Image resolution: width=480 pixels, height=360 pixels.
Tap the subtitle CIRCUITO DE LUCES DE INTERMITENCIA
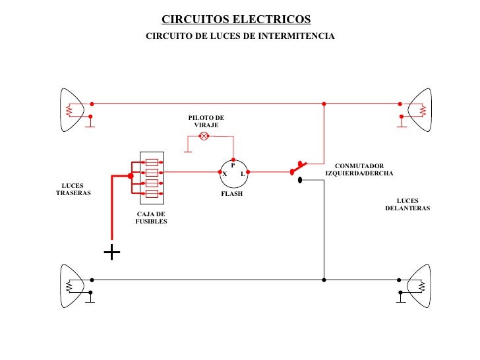click(240, 36)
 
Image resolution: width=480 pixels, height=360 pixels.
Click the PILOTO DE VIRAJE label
click(206, 121)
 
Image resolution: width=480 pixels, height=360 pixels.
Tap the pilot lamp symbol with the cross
click(204, 136)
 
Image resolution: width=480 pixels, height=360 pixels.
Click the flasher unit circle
click(234, 173)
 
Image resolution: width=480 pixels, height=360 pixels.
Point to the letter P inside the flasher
click(233, 165)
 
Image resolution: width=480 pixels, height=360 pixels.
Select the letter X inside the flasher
click(225, 174)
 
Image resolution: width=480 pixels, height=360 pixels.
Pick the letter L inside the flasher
click(243, 174)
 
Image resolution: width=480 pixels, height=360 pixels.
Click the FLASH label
click(231, 195)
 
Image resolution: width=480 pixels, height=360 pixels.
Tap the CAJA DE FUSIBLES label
click(151, 218)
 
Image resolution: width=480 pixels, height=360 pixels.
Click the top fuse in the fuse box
click(152, 162)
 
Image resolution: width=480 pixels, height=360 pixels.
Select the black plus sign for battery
click(112, 253)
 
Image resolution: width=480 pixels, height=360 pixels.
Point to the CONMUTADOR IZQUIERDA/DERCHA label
click(359, 170)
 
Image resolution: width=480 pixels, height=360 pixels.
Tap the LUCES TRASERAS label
click(73, 189)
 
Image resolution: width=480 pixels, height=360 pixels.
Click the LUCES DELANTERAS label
click(407, 204)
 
